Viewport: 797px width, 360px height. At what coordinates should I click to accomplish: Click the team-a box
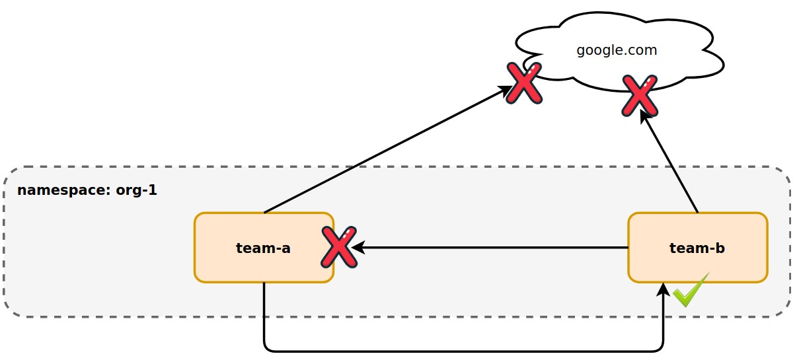click(251, 264)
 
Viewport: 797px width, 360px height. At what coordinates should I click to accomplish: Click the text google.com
click(617, 50)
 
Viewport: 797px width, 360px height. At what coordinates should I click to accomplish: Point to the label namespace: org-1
click(87, 190)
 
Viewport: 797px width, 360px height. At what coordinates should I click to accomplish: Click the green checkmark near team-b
click(691, 291)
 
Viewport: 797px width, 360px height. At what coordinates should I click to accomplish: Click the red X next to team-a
click(339, 247)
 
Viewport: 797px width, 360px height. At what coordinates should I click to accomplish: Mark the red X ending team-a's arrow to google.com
click(524, 83)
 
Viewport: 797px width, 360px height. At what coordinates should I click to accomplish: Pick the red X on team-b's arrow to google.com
click(639, 95)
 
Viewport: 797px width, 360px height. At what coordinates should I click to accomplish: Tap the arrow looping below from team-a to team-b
click(463, 351)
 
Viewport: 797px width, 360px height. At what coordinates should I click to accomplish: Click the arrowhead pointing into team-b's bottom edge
click(663, 289)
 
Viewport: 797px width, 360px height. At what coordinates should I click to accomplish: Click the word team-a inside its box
click(263, 248)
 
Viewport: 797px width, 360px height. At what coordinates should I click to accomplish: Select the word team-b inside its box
click(697, 248)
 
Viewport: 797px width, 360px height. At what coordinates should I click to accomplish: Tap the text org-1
click(136, 190)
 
